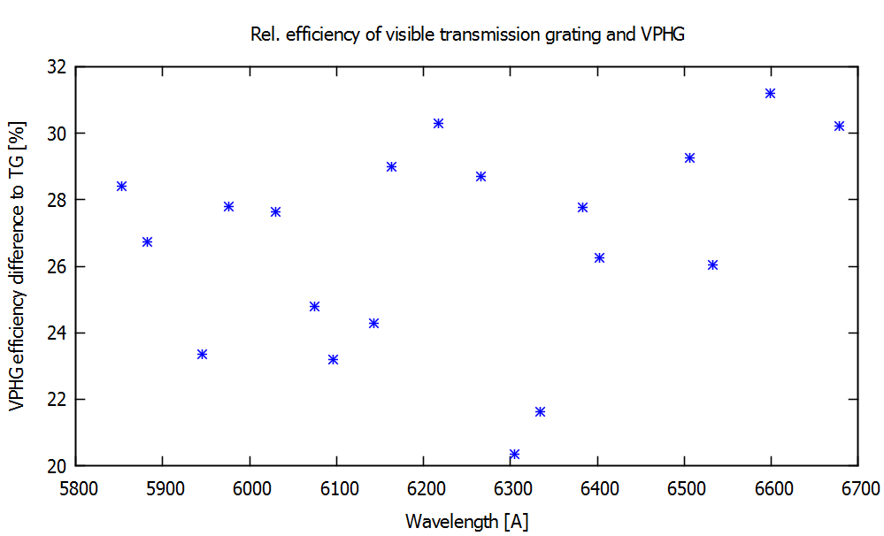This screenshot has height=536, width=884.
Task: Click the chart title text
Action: (469, 35)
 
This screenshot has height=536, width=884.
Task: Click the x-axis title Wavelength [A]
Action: (467, 522)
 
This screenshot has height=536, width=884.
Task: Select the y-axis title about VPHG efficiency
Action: (17, 266)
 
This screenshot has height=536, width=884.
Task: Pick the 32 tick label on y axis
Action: (58, 67)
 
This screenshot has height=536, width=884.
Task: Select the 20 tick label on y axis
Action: (58, 466)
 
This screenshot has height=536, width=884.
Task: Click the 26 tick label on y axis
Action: (58, 266)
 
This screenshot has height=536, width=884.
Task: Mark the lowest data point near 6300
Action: (514, 454)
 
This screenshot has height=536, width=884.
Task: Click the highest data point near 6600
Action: (771, 93)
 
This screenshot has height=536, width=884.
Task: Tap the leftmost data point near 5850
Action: (122, 186)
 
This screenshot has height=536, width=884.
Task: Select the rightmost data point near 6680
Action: (840, 126)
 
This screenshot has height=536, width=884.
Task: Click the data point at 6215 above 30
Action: (438, 123)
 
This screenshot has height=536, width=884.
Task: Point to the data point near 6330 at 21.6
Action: (541, 411)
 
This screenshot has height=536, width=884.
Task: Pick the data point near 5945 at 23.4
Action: (202, 354)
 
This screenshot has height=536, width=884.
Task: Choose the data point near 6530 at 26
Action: (713, 264)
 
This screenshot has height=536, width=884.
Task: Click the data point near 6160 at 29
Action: (392, 166)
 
